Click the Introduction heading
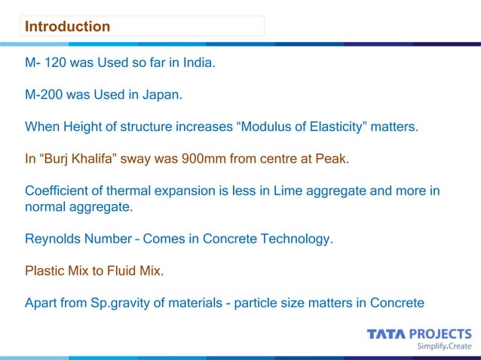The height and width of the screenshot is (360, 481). pos(67,27)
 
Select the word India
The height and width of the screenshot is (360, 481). pos(198,63)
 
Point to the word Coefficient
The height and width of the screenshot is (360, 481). pos(60,191)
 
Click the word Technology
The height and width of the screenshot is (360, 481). pos(294,239)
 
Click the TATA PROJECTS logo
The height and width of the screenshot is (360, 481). pos(419,333)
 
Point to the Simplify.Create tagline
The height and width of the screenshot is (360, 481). pos(444,346)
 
